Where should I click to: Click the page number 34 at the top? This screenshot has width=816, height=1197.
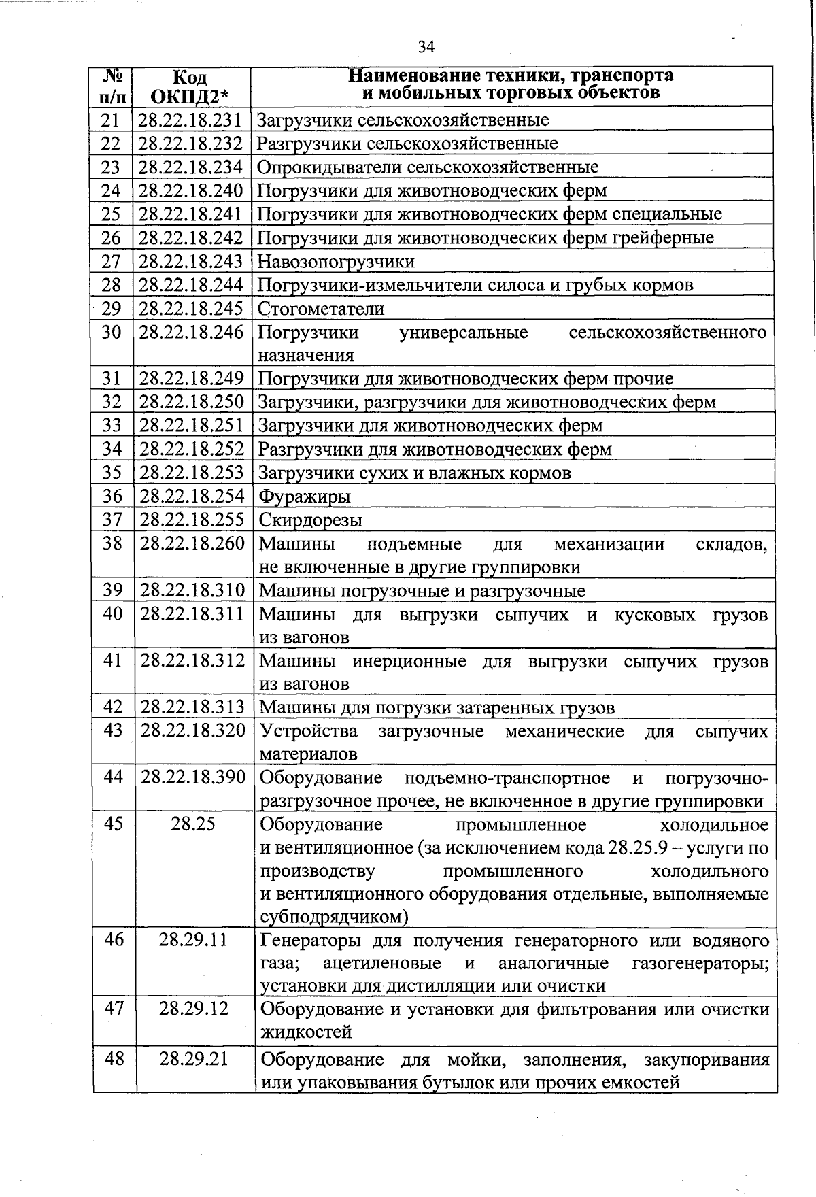click(x=426, y=47)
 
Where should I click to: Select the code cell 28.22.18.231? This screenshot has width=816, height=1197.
click(x=190, y=120)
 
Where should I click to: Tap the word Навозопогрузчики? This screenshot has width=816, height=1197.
click(x=336, y=262)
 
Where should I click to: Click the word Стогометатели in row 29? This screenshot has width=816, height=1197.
click(x=321, y=309)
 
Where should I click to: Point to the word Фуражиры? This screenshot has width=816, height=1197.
click(x=305, y=496)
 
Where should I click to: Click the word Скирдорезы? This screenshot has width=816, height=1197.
click(x=311, y=520)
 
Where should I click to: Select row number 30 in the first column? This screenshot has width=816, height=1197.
click(x=111, y=333)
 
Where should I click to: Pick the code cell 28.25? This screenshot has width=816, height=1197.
click(x=193, y=824)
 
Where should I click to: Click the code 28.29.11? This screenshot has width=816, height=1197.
click(x=193, y=940)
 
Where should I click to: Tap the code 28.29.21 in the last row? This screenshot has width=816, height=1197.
click(x=193, y=1059)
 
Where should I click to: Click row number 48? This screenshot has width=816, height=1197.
click(x=114, y=1059)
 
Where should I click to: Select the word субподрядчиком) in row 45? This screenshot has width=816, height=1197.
click(x=334, y=917)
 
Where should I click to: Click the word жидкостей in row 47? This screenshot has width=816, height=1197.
click(x=306, y=1032)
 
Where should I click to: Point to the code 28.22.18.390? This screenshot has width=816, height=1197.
click(x=193, y=777)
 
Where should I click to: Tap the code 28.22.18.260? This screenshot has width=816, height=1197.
click(x=192, y=544)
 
